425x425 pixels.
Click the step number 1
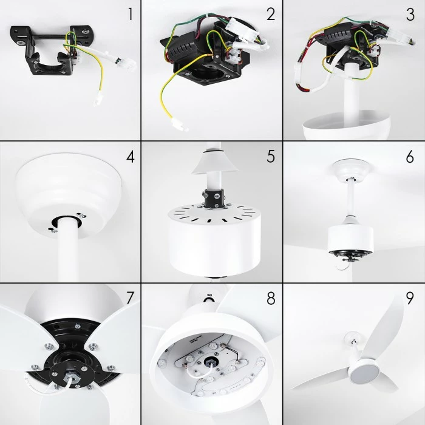coord(131,15)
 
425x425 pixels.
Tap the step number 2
coord(271,15)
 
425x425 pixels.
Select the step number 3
coord(410,15)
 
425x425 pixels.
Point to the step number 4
coord(131,157)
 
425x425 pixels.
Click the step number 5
coord(271,157)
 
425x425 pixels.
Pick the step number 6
coord(410,157)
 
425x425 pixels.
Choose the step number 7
coord(131,298)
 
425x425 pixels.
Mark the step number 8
coord(271,298)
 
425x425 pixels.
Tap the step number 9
coord(410,298)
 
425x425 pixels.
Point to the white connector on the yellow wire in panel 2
coord(180,125)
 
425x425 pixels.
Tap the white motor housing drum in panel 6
coord(350,239)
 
